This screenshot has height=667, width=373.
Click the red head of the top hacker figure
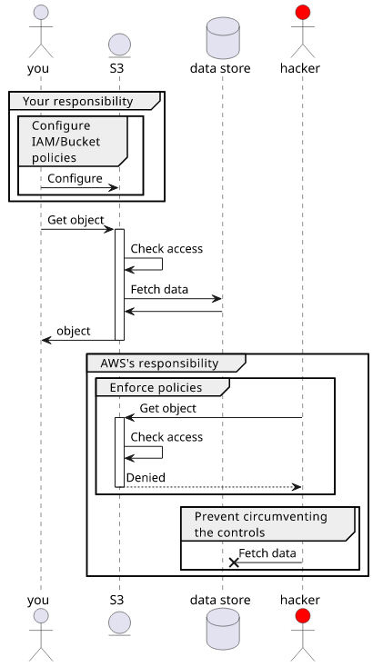pyautogui.click(x=303, y=13)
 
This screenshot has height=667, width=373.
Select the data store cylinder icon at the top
pyautogui.click(x=223, y=38)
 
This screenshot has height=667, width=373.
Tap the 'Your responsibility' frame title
pyautogui.click(x=77, y=101)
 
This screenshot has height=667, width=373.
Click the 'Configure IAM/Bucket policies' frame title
pyautogui.click(x=66, y=142)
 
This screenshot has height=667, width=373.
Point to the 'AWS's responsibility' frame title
pyautogui.click(x=159, y=363)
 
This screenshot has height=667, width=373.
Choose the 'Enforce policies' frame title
pyautogui.click(x=156, y=387)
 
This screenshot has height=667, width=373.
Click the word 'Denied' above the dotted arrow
pyautogui.click(x=146, y=478)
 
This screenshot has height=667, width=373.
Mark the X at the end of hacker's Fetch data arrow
pyautogui.click(x=234, y=562)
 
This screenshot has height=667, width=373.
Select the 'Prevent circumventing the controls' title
pyautogui.click(x=260, y=524)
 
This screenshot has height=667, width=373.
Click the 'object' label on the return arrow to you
pyautogui.click(x=74, y=331)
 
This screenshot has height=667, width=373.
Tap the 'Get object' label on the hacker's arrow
pyautogui.click(x=167, y=408)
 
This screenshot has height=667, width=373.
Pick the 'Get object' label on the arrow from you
pyautogui.click(x=76, y=220)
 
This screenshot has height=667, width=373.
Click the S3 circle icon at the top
pyautogui.click(x=120, y=45)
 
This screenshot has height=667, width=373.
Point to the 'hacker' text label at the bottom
pyautogui.click(x=299, y=600)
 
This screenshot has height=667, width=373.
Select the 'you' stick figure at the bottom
pyautogui.click(x=41, y=634)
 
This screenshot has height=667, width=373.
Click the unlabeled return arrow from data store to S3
pyautogui.click(x=173, y=312)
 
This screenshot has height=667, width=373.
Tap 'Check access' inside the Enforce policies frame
pyautogui.click(x=166, y=437)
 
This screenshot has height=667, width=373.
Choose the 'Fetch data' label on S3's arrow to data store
pyautogui.click(x=159, y=289)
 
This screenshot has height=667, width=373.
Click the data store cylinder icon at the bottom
pyautogui.click(x=223, y=629)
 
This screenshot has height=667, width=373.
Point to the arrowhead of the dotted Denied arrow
pyautogui.click(x=297, y=487)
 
